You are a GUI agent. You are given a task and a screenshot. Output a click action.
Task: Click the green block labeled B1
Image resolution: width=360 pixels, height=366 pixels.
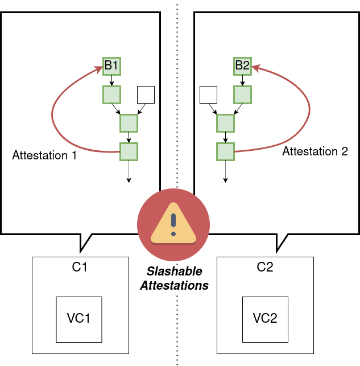[111, 66]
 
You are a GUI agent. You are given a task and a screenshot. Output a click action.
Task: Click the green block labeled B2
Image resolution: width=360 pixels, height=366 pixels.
[243, 66]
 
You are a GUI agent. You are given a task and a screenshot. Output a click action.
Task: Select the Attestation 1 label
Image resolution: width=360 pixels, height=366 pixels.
[44, 155]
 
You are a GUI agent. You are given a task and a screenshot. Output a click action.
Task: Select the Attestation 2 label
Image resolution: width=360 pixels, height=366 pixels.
[315, 151]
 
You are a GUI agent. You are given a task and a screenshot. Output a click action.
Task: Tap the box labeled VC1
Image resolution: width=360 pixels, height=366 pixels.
[79, 319]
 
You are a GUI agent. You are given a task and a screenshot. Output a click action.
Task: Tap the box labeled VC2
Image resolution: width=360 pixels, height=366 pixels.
[265, 319]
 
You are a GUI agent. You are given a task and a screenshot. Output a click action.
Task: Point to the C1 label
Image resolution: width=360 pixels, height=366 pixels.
[80, 267]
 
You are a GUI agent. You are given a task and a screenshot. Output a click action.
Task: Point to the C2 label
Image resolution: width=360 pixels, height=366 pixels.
[265, 267]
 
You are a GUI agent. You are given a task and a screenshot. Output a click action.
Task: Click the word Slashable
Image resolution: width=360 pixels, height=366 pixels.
[173, 272]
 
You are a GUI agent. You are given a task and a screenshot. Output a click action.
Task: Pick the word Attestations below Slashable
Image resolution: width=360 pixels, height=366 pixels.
[174, 286]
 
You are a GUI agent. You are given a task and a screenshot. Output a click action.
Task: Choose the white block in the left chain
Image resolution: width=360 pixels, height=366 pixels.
[146, 95]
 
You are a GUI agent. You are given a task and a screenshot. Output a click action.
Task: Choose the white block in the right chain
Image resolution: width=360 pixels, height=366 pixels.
[209, 95]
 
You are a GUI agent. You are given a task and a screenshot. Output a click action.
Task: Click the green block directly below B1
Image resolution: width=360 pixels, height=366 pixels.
[111, 94]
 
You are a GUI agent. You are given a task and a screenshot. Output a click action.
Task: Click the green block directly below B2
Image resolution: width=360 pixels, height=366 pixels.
[243, 94]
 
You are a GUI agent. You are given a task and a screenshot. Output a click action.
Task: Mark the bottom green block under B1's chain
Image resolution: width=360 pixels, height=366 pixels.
[129, 151]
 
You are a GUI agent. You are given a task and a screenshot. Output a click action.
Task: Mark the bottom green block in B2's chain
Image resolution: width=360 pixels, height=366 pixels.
[226, 151]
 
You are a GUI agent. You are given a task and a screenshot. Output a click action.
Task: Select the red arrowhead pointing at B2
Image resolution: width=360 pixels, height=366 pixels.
[255, 68]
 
